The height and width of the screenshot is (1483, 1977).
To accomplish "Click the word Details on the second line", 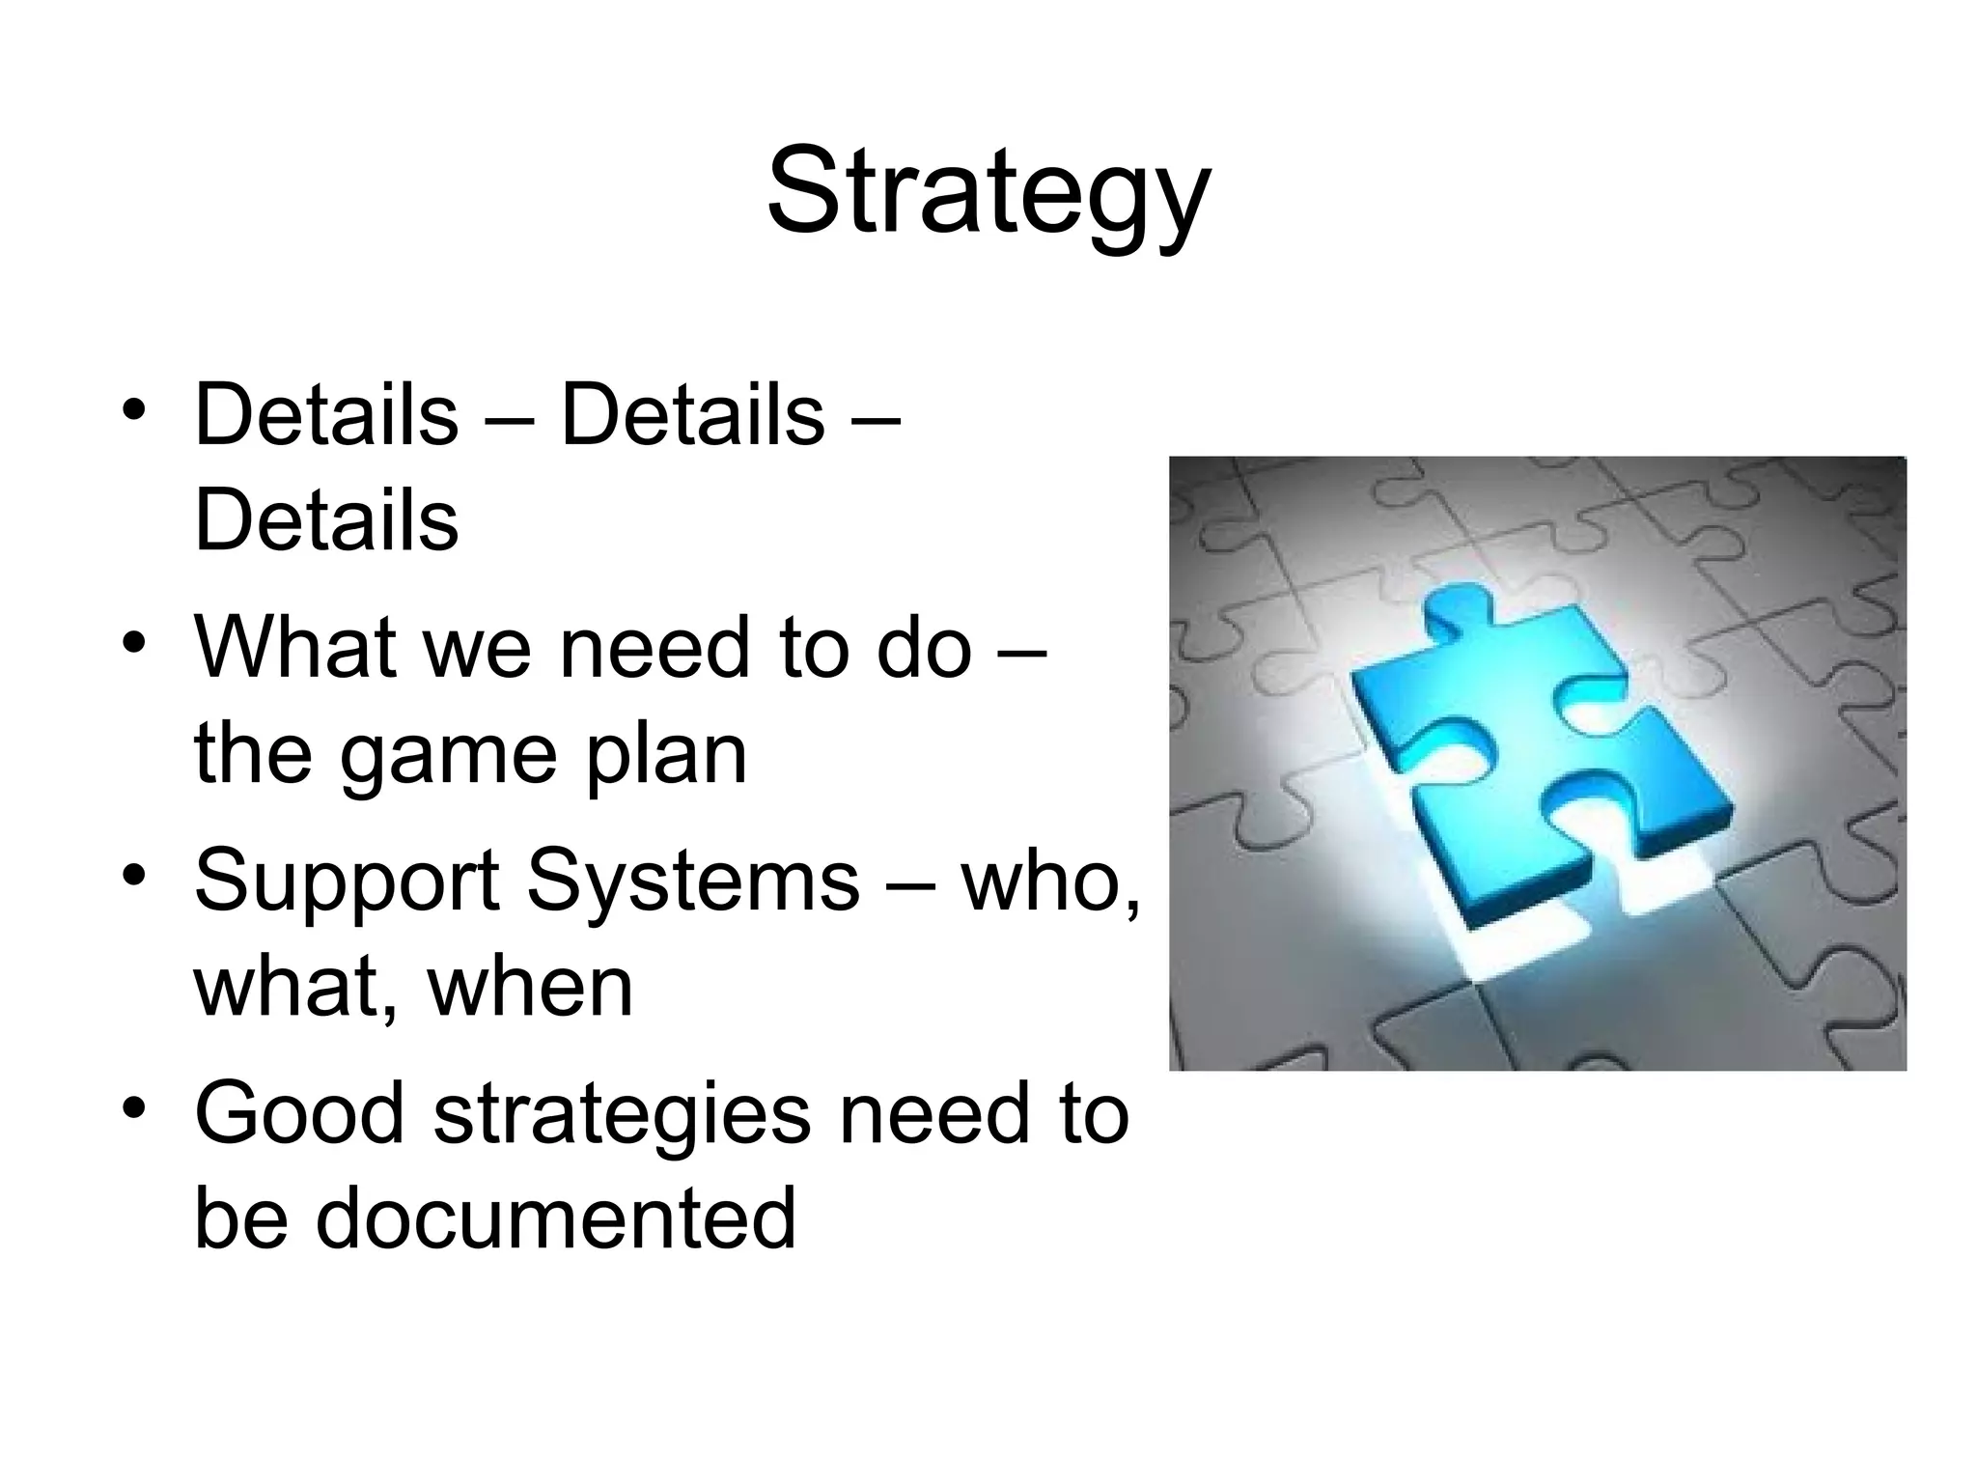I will coord(326,521).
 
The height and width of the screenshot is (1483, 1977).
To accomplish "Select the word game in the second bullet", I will coord(448,756).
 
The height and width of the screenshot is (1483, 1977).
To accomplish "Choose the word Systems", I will coord(692,881).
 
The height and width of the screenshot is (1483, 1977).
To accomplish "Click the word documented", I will coord(555,1218).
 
